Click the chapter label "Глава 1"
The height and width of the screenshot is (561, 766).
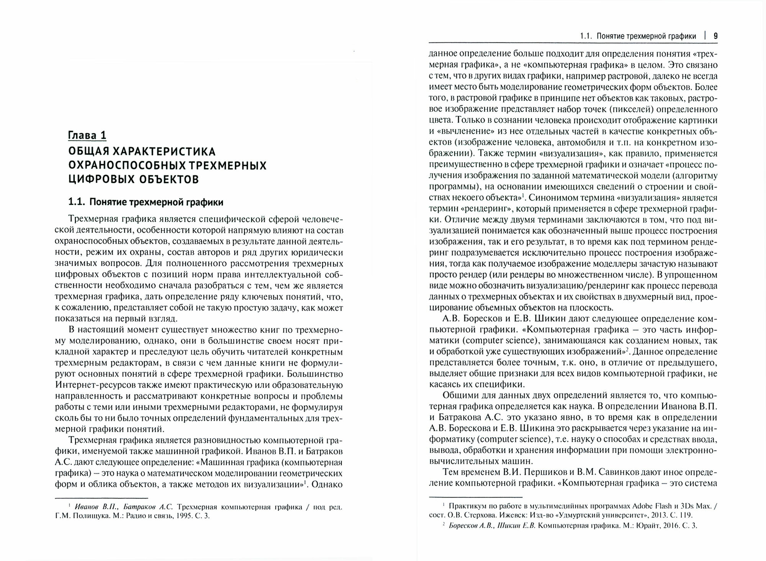pyautogui.click(x=87, y=135)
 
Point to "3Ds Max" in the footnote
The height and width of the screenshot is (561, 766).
pyautogui.click(x=690, y=506)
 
